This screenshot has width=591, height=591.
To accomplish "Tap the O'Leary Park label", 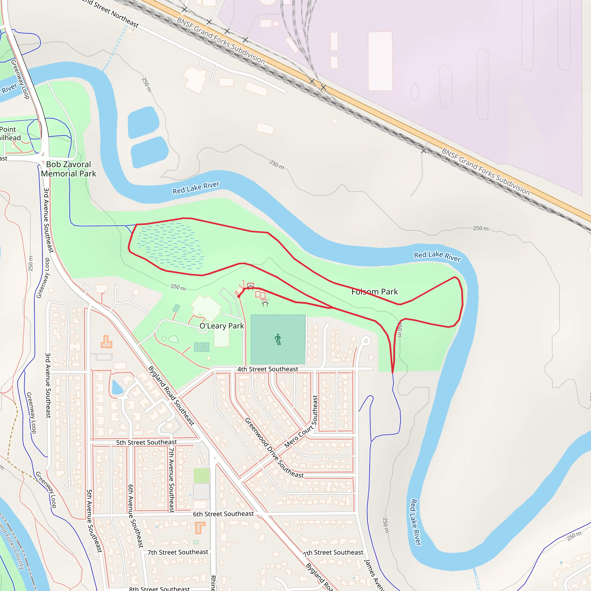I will [x=221, y=326].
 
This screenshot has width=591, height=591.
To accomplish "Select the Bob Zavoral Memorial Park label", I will [x=68, y=169].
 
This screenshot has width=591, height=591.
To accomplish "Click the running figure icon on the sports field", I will [x=278, y=339].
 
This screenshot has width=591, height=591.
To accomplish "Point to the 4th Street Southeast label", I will [x=268, y=369].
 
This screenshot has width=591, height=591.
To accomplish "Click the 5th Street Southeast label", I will [x=146, y=442].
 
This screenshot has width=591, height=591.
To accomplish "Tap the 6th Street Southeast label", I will [x=223, y=514].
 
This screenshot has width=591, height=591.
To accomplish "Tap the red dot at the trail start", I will [x=239, y=296].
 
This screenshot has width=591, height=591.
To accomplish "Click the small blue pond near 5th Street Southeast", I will [x=117, y=388].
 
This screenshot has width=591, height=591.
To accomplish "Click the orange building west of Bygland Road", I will [x=106, y=342].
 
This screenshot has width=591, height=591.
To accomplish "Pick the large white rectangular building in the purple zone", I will [x=380, y=61].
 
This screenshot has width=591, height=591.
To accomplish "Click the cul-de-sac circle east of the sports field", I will [x=366, y=341].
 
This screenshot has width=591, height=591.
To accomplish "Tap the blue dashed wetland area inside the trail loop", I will [x=170, y=246].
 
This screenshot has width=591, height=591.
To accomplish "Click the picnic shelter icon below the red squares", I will [x=265, y=303].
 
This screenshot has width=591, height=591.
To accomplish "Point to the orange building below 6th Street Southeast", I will [x=200, y=528].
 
